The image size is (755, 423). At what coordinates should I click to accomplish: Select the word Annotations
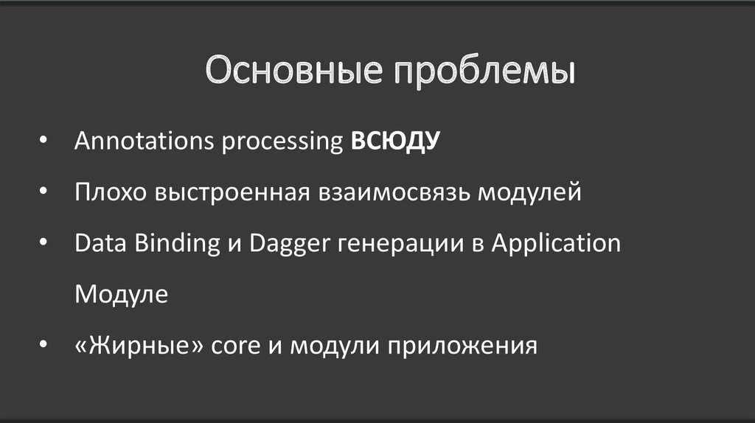point(139,141)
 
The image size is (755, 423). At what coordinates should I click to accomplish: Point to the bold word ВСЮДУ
point(394,141)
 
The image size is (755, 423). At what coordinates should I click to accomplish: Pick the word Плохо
point(111,192)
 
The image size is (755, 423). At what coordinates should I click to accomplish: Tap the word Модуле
point(121,295)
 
